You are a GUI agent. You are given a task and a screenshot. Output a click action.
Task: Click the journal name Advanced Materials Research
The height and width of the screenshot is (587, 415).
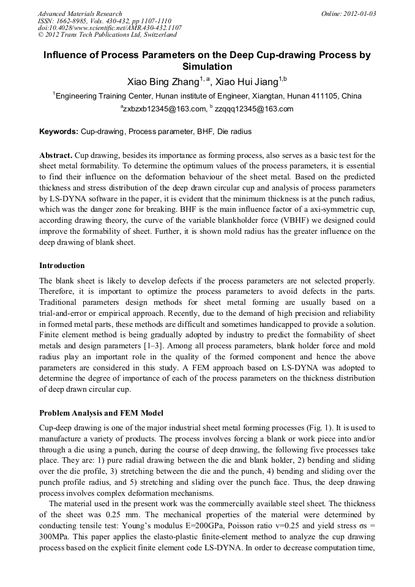tap(80, 13)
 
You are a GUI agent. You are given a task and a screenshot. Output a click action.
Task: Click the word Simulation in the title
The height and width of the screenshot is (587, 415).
tap(207, 67)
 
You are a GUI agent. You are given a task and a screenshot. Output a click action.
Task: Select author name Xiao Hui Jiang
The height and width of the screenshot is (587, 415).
tap(247, 81)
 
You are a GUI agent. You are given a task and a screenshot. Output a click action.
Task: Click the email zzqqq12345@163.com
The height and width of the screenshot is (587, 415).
tap(245, 110)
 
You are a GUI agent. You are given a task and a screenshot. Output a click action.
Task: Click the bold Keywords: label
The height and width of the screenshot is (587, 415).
tap(59, 132)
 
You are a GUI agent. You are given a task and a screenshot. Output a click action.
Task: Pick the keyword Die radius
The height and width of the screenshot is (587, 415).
tap(234, 132)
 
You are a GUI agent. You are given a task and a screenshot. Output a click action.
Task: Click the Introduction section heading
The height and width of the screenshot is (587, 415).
tap(62, 266)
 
